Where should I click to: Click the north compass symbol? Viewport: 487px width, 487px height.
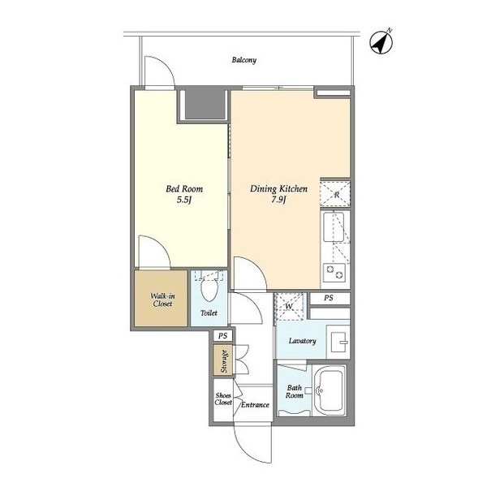pos(381,42)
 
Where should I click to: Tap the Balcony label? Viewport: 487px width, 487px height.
pos(244,60)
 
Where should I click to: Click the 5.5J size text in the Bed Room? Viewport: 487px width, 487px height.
pos(183,200)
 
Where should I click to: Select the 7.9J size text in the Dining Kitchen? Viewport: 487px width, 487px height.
pos(278,200)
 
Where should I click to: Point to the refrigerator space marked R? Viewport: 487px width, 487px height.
pos(335,194)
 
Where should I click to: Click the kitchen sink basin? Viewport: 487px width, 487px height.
pos(334,227)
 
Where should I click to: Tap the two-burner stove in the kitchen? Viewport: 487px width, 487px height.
pos(334,273)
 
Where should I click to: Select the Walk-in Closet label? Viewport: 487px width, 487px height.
pos(162,300)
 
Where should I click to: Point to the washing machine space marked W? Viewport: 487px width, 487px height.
pos(289,306)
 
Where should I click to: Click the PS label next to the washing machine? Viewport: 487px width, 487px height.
pos(329,298)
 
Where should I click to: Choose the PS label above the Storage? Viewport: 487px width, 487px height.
pos(222,336)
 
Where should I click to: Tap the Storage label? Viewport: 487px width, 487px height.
pos(224,361)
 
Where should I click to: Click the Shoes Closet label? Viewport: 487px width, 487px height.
pos(223,399)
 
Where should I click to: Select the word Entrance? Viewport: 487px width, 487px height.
pos(255,405)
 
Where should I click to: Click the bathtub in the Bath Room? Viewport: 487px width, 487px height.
pos(329,390)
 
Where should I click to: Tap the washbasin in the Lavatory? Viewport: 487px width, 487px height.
pos(338,342)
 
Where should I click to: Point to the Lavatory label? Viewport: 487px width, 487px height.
pos(302,341)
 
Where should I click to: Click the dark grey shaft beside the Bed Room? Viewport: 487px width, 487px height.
pos(205,104)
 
